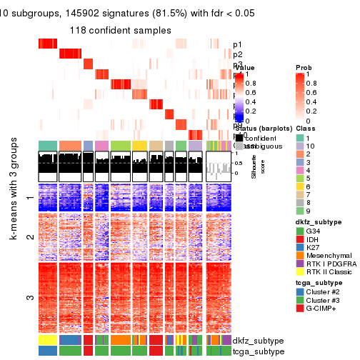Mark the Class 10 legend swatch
point(300,146)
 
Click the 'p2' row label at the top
point(237,54)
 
